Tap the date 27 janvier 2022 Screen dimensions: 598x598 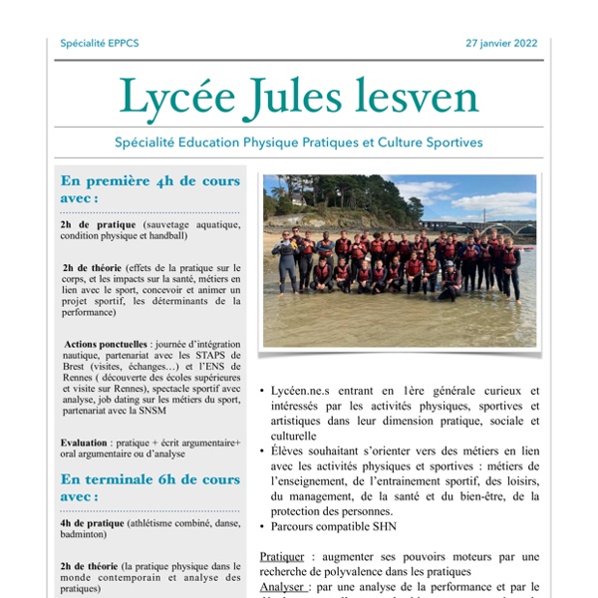pos(501,44)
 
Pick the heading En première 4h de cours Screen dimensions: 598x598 pos(150,181)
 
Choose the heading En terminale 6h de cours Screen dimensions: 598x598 pos(150,479)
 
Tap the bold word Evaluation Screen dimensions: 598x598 pos(85,442)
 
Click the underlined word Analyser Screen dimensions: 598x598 pos(282,587)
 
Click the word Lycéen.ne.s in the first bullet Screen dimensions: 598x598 pos(302,391)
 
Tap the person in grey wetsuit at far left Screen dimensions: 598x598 pos(287,261)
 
